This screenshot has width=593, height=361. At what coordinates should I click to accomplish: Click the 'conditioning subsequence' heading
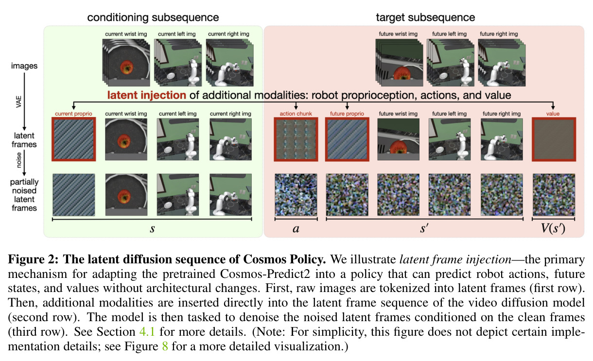click(x=153, y=17)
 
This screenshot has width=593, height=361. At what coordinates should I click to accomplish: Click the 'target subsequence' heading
click(x=425, y=17)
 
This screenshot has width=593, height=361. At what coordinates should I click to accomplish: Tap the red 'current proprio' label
click(x=73, y=114)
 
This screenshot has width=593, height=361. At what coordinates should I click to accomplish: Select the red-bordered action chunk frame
click(x=296, y=139)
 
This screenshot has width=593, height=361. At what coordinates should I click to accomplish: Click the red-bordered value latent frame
click(x=554, y=139)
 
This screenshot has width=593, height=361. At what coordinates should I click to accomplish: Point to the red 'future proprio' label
click(x=347, y=114)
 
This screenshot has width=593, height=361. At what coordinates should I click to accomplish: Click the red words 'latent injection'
click(x=147, y=95)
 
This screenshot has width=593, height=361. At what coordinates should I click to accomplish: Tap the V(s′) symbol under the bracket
click(x=553, y=228)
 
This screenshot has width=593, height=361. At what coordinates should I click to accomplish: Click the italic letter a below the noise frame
click(x=296, y=229)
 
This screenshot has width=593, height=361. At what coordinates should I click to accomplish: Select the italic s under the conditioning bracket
click(x=152, y=229)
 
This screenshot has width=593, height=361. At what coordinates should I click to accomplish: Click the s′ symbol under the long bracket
click(x=424, y=228)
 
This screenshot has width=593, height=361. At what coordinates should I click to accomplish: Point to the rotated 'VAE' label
click(x=18, y=102)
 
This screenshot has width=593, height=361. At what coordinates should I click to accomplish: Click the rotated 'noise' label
click(x=18, y=160)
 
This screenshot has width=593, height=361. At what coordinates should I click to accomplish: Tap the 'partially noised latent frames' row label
click(x=24, y=195)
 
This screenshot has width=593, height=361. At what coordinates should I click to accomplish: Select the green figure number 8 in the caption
click(x=165, y=346)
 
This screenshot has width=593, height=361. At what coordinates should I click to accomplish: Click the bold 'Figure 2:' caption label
click(x=34, y=259)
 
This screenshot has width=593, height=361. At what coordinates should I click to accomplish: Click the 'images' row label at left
click(x=24, y=66)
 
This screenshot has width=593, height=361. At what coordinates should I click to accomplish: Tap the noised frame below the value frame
click(x=554, y=195)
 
